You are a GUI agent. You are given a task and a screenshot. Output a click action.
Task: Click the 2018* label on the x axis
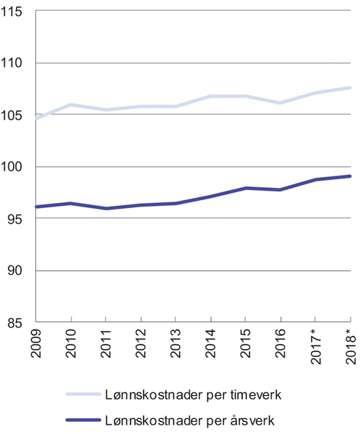pos(351,348)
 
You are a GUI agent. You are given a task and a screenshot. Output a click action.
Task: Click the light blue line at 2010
pos(71,105)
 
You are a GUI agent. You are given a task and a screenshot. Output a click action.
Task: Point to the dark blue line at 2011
pos(107,209)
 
